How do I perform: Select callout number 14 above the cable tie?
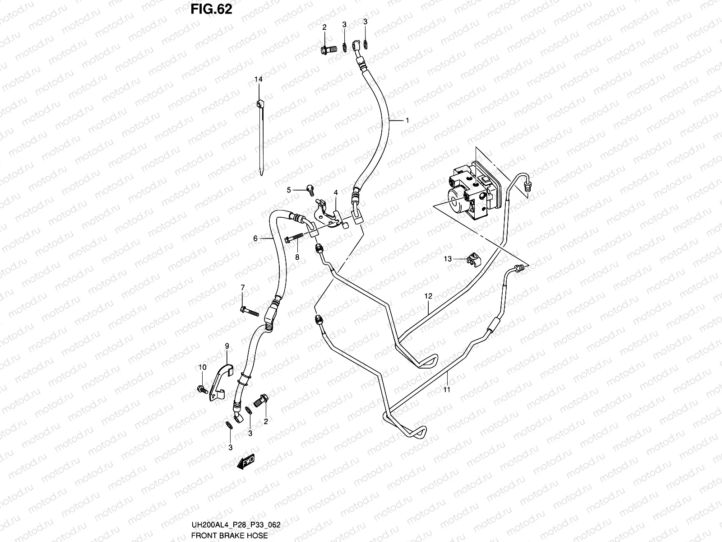258,79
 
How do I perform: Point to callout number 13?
448,259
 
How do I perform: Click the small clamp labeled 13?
472,259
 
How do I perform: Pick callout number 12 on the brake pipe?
428,296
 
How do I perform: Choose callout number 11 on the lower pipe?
447,389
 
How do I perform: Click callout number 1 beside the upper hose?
407,121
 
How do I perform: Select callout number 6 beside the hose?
255,238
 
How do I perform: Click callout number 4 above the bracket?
336,192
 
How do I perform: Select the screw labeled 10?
201,388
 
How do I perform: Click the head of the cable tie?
259,104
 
